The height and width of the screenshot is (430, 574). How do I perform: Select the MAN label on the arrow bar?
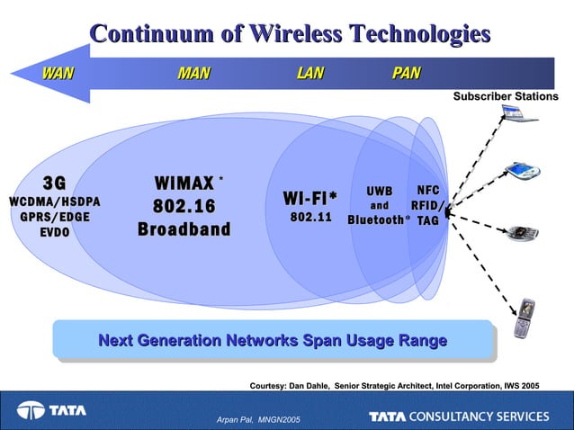point(193,73)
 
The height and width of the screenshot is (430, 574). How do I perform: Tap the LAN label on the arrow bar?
point(309,73)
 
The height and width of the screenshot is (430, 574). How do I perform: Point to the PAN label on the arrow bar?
point(406,73)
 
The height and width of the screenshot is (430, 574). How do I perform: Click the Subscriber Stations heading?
point(505,96)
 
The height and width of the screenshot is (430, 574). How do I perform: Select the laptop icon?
point(519,114)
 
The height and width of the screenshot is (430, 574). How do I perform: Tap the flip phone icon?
point(523,318)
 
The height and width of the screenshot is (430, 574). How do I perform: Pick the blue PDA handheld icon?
point(521,170)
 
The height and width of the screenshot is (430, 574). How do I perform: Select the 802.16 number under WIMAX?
point(184,207)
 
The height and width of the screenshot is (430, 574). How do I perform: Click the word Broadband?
point(184,229)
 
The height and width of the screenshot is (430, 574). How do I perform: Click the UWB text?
point(379,192)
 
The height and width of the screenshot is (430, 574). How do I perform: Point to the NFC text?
point(428,191)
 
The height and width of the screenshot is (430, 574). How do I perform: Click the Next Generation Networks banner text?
point(272,341)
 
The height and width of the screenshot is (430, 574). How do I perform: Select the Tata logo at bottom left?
point(51,410)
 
